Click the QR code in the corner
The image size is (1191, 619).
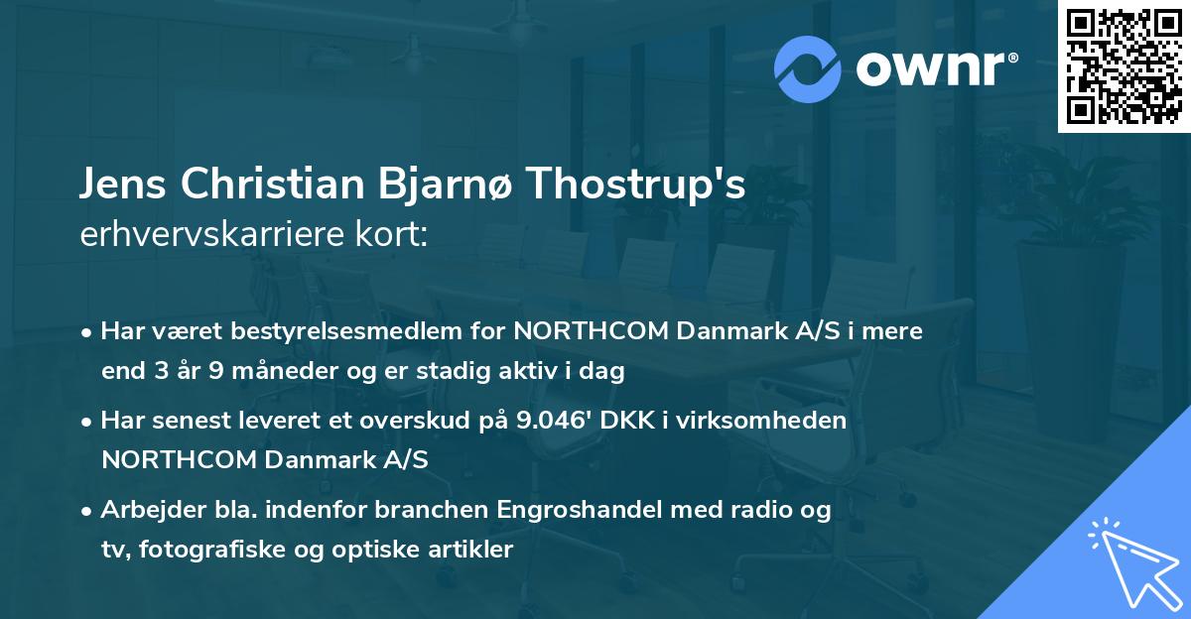tap(1124, 66)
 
